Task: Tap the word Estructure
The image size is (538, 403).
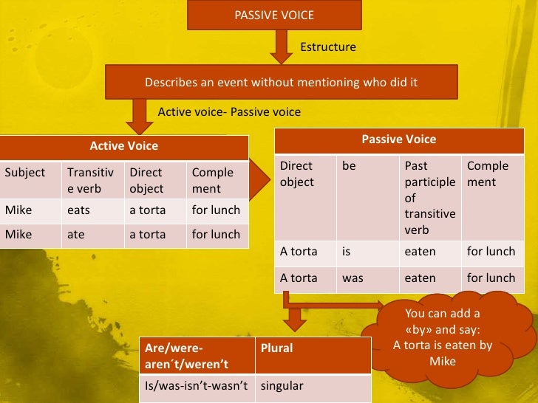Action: (x=327, y=47)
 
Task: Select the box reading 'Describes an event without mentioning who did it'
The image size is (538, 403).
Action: (x=281, y=82)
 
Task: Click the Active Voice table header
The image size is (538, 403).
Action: (x=123, y=146)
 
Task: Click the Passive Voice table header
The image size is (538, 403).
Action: (x=398, y=139)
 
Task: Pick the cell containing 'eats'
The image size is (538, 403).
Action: (x=92, y=210)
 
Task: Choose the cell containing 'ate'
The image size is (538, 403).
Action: (x=92, y=235)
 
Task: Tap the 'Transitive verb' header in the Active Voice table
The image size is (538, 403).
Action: (x=92, y=180)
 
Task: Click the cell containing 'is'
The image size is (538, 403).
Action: (x=367, y=252)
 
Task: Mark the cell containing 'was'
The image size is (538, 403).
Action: (x=367, y=278)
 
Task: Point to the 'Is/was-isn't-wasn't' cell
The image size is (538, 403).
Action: (x=197, y=386)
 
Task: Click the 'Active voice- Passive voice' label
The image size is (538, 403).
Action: (x=229, y=112)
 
